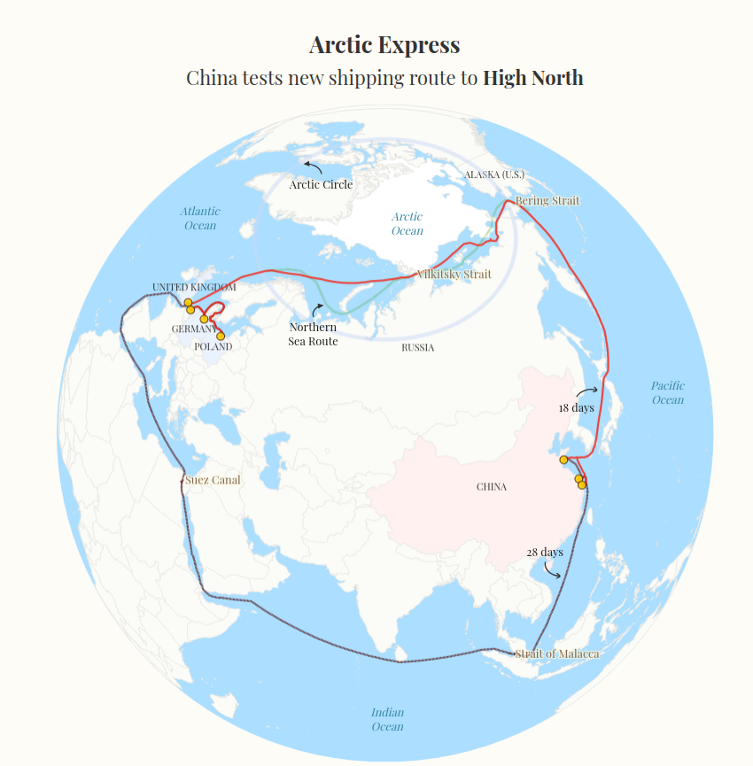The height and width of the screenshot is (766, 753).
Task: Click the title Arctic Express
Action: point(384,45)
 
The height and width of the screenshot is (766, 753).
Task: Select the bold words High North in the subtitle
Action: point(532,78)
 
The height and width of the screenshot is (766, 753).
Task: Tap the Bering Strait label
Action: point(547,201)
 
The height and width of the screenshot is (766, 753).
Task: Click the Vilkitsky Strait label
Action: point(454,275)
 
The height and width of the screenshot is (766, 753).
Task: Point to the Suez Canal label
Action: point(213,480)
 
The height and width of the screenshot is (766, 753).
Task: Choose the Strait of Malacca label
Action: point(557,654)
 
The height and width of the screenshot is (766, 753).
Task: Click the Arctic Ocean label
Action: point(408,223)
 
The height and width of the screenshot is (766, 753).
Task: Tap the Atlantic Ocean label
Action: point(200,218)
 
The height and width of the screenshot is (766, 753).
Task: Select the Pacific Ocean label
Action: point(668,392)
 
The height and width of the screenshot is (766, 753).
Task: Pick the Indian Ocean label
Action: point(387,719)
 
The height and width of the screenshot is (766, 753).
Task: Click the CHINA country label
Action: point(492,486)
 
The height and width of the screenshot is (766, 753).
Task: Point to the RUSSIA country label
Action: point(418,347)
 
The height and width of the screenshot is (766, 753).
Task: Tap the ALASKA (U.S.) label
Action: point(494,174)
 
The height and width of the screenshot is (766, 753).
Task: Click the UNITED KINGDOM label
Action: point(194,287)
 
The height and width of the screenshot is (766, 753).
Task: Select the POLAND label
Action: point(213,346)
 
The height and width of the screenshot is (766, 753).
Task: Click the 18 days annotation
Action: point(576,407)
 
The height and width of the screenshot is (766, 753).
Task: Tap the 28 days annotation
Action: point(544,552)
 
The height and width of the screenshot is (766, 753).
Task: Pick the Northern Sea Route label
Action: point(313,334)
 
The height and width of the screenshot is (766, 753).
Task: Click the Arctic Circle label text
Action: point(321,184)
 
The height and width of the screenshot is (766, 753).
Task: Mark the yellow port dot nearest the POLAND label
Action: point(221,336)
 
